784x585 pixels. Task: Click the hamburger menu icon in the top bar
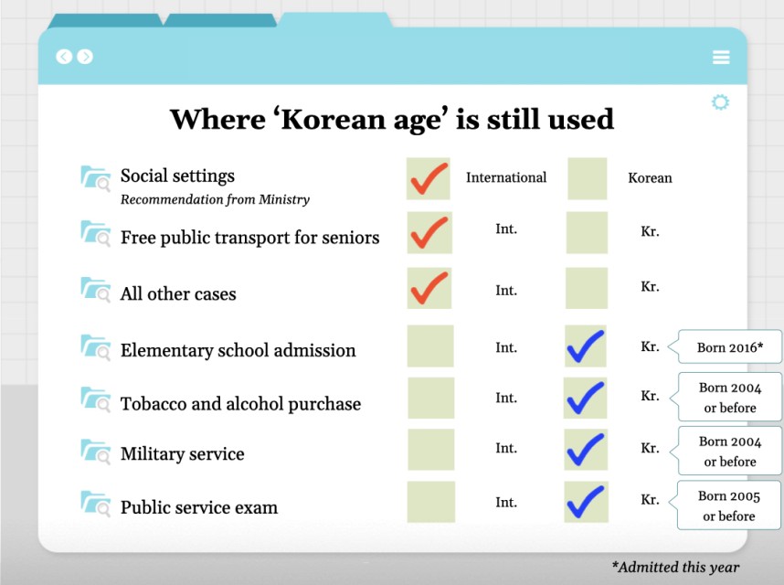point(721,58)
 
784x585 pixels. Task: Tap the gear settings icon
point(720,102)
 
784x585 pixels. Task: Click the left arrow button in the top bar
point(63,57)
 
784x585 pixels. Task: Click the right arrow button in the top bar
point(85,57)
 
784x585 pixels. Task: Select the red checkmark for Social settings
point(429,178)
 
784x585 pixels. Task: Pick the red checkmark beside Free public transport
point(429,233)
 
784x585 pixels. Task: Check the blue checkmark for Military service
point(586,450)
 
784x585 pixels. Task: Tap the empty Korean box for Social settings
point(588,178)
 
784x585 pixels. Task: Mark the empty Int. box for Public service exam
point(430,503)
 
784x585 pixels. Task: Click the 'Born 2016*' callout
point(729,347)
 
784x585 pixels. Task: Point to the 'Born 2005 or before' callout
point(729,505)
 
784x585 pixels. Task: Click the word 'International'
point(506,177)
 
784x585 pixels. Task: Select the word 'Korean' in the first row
point(650,178)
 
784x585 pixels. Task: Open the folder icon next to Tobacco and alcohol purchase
point(95,399)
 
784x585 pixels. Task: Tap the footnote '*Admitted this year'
point(675,567)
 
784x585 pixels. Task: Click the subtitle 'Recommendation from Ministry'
point(215,199)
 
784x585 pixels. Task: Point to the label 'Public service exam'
point(199,507)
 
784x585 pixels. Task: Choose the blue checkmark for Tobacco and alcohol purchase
point(586,398)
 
